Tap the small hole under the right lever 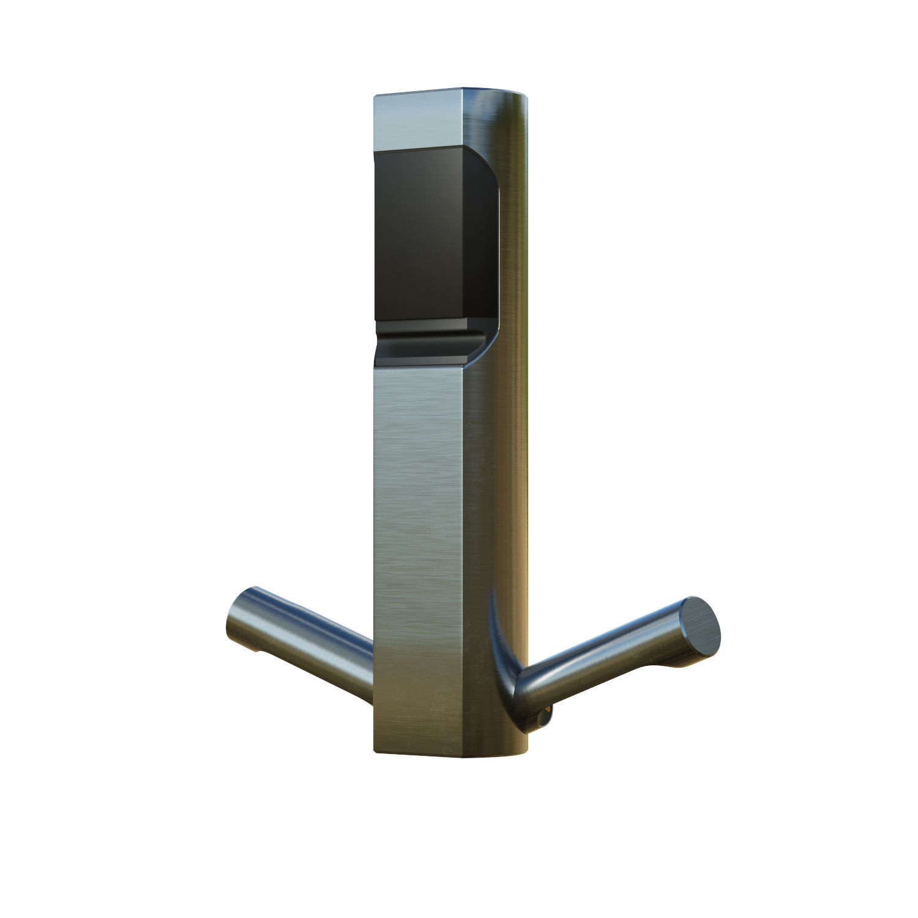(x=543, y=712)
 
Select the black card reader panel (x=428, y=236)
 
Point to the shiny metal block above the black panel (x=419, y=122)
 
